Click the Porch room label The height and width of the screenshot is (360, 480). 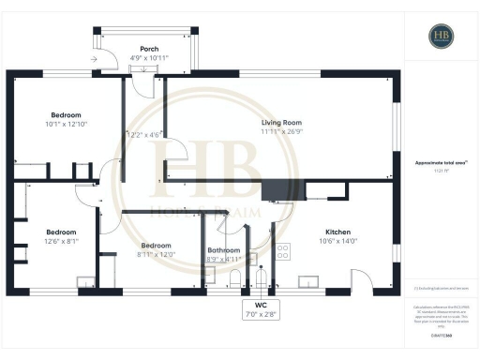coord(149,48)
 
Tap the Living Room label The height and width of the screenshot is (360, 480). coord(280,122)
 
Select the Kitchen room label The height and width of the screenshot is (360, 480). coord(337,232)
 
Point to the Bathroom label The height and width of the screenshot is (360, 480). coord(224,250)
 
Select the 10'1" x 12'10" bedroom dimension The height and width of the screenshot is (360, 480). coord(66,125)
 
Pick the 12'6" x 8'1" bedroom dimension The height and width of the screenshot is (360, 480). coord(61,241)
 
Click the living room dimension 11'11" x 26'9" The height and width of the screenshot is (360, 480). coord(280,131)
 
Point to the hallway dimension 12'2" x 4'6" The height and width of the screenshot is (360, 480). coord(145,135)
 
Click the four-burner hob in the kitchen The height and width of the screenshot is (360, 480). coord(283,250)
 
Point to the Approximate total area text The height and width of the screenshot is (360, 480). coord(441,162)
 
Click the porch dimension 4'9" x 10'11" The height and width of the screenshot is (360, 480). coord(149,58)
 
